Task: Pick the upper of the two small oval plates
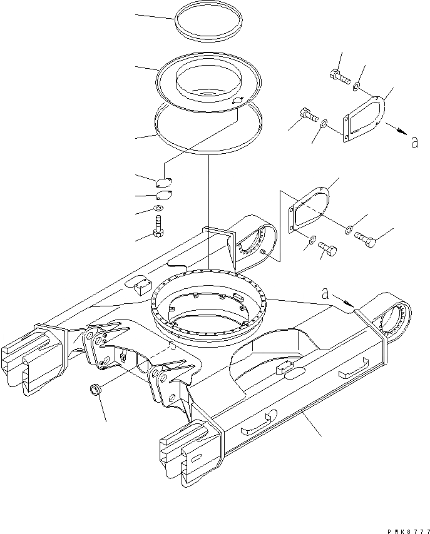[163, 182]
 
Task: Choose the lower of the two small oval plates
[162, 195]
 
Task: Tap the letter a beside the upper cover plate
[414, 143]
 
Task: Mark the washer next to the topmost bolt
[356, 86]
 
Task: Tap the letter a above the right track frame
[325, 292]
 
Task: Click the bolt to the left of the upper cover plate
[307, 115]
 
